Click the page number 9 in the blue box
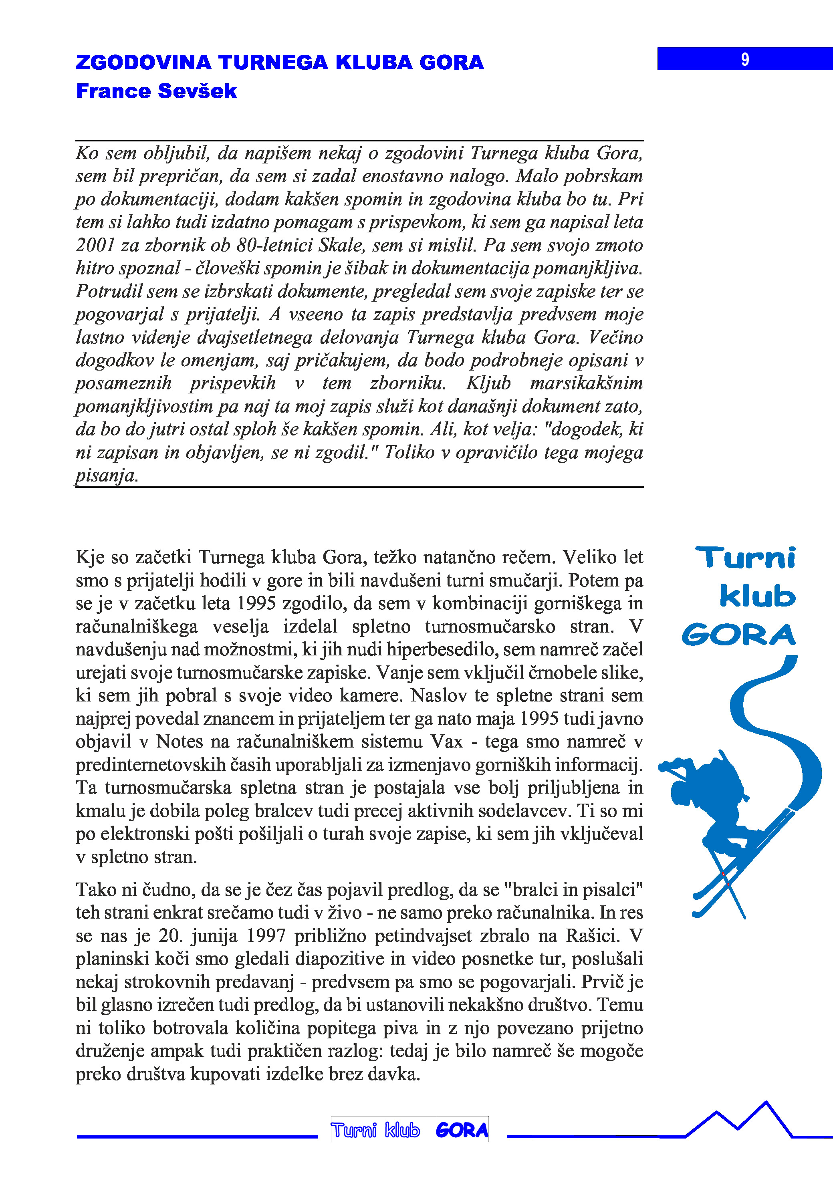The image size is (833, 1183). [x=745, y=59]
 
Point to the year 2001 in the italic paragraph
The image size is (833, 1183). [x=95, y=245]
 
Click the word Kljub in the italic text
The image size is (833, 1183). [x=488, y=383]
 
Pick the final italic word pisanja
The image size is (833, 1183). [x=107, y=475]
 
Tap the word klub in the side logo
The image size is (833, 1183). [x=757, y=596]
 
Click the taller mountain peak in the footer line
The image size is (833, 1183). [x=766, y=1104]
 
